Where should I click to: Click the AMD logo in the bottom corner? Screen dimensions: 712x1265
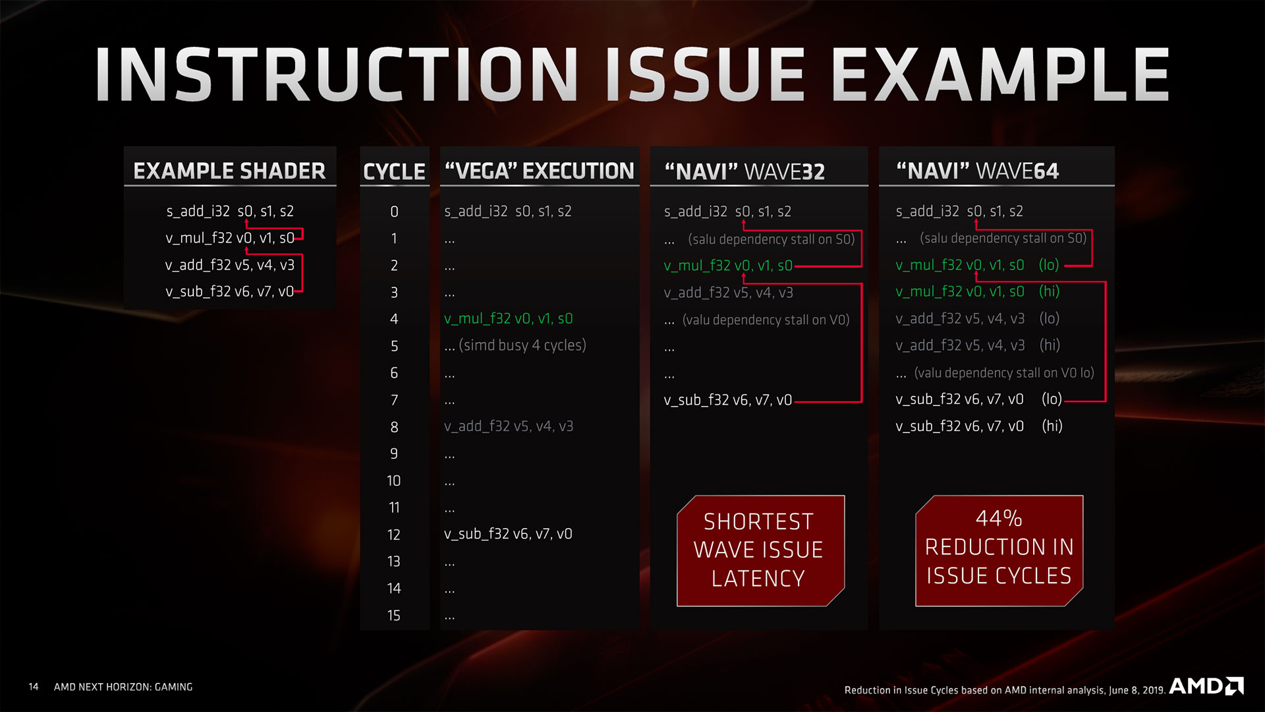tap(1206, 686)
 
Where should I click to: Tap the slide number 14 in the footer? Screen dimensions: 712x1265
tap(34, 687)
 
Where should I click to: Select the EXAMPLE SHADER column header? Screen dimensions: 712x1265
tap(229, 171)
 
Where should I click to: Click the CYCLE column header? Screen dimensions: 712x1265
tap(394, 171)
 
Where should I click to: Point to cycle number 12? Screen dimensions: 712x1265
tap(394, 535)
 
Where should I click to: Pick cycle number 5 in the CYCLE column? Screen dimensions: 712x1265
tap(394, 346)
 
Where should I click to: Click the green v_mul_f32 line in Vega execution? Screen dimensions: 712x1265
tap(508, 319)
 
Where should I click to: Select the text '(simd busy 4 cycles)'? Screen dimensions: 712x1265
tap(522, 345)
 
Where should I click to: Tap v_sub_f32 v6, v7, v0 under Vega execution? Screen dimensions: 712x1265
tap(508, 534)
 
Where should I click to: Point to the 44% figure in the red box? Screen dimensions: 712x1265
tap(999, 519)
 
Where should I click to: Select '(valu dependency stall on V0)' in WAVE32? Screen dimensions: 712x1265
tap(766, 320)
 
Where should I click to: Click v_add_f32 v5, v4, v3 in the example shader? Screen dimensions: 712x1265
tap(229, 265)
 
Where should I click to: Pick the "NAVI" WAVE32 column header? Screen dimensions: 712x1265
tap(745, 171)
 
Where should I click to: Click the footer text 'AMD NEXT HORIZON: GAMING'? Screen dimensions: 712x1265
tap(123, 687)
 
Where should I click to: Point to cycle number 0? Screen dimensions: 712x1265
tap(394, 212)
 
